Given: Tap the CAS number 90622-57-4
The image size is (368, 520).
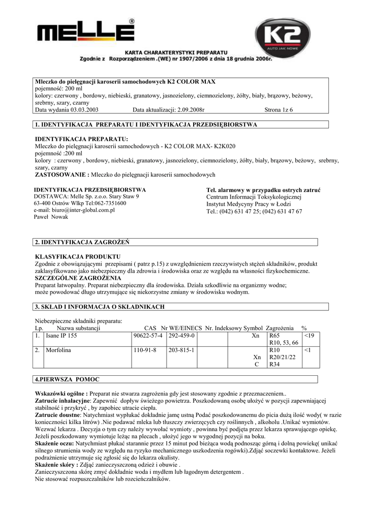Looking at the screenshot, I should point(147,336).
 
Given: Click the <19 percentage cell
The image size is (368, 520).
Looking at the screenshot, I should point(310,336).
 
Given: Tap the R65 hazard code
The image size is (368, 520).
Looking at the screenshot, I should point(274,336).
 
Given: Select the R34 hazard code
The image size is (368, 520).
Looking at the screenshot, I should point(274,365).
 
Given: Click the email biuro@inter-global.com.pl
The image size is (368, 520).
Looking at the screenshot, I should point(74,210).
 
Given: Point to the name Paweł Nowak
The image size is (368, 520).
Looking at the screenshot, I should point(51,217).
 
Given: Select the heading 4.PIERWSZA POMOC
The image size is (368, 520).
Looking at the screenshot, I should point(67,379).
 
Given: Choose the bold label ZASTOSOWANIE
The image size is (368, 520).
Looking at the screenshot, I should point(62,175).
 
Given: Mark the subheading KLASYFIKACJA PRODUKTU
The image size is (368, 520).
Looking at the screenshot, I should point(77,257).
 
